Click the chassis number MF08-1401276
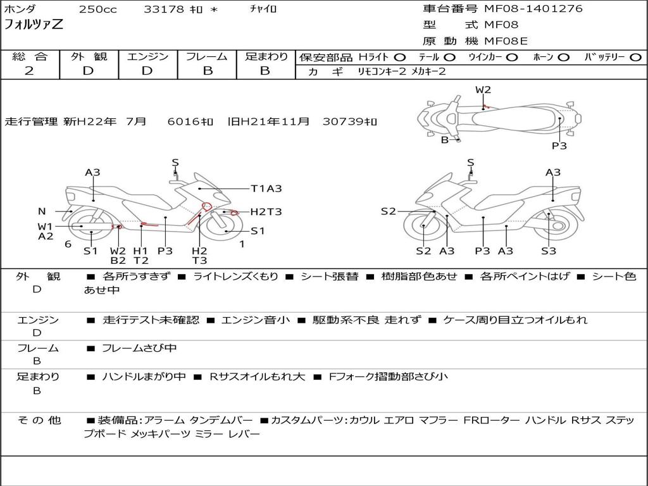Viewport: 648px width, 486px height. click(x=533, y=9)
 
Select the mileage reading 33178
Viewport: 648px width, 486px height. click(x=164, y=9)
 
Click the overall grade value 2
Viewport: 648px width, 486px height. click(x=29, y=71)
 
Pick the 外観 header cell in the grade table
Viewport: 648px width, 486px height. click(x=88, y=57)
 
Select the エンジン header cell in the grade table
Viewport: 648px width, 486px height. click(x=147, y=57)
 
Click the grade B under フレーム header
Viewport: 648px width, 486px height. click(x=207, y=71)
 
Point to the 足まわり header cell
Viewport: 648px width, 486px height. click(x=266, y=57)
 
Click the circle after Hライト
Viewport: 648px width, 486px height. click(x=401, y=58)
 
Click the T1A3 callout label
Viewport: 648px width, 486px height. click(x=266, y=189)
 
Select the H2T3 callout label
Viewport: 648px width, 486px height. click(x=266, y=212)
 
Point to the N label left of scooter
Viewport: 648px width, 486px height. click(x=42, y=211)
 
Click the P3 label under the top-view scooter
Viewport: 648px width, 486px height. click(x=559, y=146)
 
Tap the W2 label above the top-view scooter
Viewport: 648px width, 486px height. click(x=483, y=90)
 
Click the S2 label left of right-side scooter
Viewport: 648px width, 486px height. click(x=388, y=211)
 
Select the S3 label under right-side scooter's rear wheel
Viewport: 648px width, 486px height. click(x=548, y=251)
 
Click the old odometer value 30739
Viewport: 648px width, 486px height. click(x=341, y=121)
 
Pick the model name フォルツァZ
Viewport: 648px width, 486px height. click(x=34, y=25)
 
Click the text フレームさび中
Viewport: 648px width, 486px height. click(x=139, y=348)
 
